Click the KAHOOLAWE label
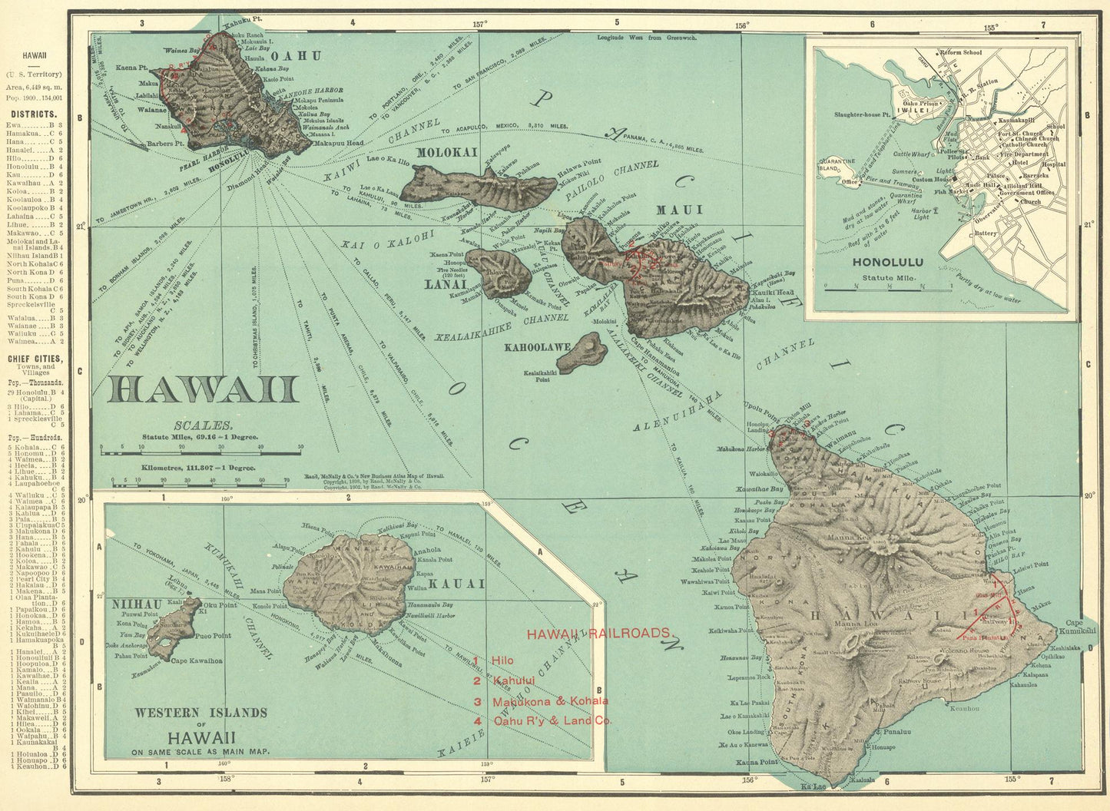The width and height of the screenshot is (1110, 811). click(x=537, y=347)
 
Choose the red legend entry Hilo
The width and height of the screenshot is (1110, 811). click(x=502, y=660)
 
